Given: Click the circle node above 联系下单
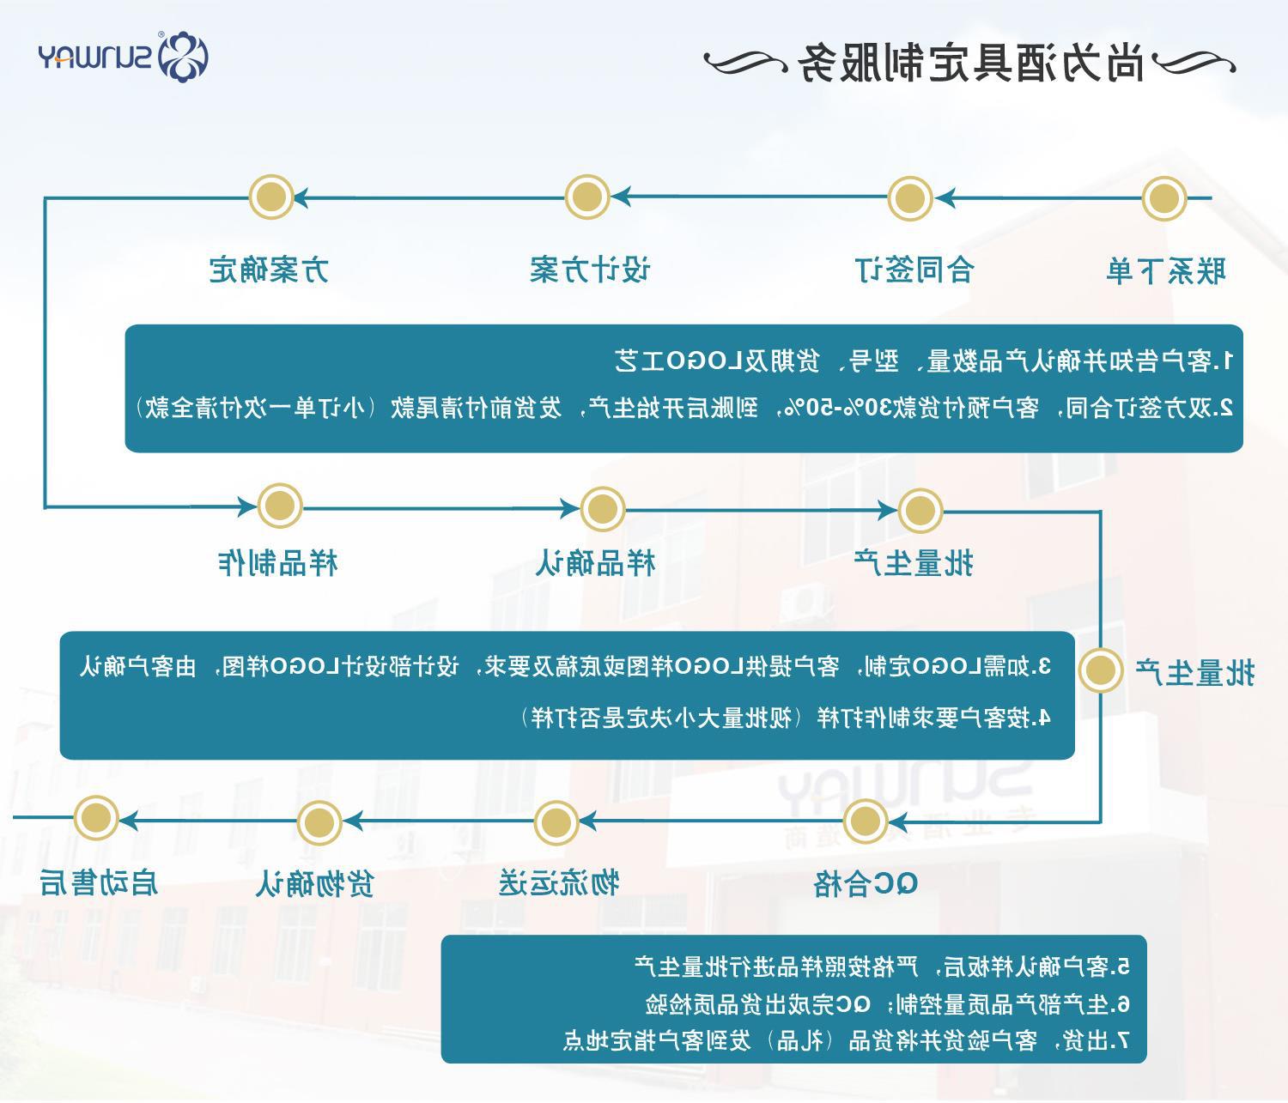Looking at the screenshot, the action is [x=1163, y=198].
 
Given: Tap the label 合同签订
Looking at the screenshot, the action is [x=915, y=270].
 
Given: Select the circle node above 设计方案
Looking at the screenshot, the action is [x=587, y=197].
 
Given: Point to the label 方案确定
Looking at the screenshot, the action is [x=269, y=270].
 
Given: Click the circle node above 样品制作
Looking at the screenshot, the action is [x=279, y=506].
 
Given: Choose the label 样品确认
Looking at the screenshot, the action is [x=595, y=563].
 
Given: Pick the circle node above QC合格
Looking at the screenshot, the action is [x=866, y=822].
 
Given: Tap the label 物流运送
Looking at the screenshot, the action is [x=559, y=882].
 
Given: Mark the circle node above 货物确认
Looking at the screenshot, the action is [x=319, y=822].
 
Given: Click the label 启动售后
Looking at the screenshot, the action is [x=99, y=882].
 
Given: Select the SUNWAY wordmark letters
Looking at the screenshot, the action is [x=94, y=58].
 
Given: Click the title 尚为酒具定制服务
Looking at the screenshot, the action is [x=971, y=62].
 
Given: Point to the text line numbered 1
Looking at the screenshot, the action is [x=924, y=361].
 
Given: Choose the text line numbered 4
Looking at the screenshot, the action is [x=786, y=717].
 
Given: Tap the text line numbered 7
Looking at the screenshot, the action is [x=846, y=1040].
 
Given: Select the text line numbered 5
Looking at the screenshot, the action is [x=882, y=967].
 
